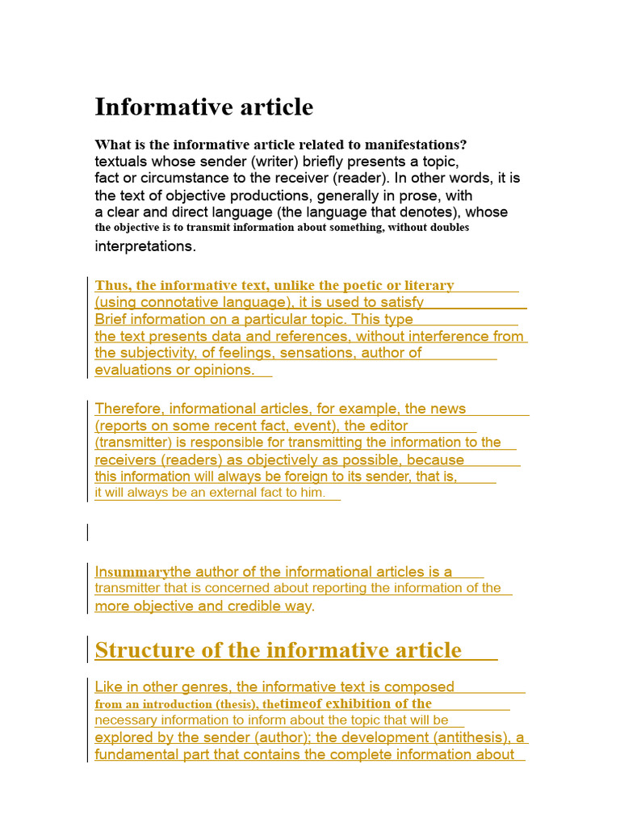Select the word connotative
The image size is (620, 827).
(178, 303)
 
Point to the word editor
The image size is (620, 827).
(388, 426)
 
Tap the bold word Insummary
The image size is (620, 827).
(132, 573)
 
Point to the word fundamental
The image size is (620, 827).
(136, 755)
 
